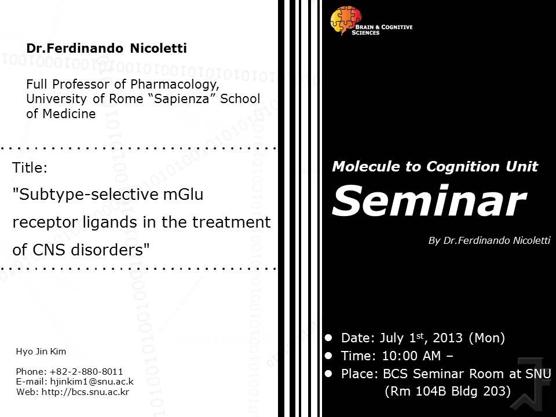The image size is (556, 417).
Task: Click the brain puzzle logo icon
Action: click(345, 20)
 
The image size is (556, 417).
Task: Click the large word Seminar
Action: click(429, 201)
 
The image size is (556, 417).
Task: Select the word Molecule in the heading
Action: click(366, 166)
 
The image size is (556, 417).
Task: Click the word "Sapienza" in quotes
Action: click(181, 99)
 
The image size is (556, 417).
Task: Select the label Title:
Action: click(30, 167)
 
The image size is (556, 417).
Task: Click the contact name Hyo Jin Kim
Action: click(41, 352)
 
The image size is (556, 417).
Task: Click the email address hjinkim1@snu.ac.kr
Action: click(92, 382)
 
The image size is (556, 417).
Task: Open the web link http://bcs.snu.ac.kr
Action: click(86, 392)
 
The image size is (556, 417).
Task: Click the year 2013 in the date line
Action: click(448, 338)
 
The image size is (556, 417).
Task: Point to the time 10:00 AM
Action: click(411, 356)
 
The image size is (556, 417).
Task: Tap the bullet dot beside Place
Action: click(328, 374)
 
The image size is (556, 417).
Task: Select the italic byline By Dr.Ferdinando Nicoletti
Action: click(489, 241)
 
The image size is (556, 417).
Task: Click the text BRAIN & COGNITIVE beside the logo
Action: click(384, 27)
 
